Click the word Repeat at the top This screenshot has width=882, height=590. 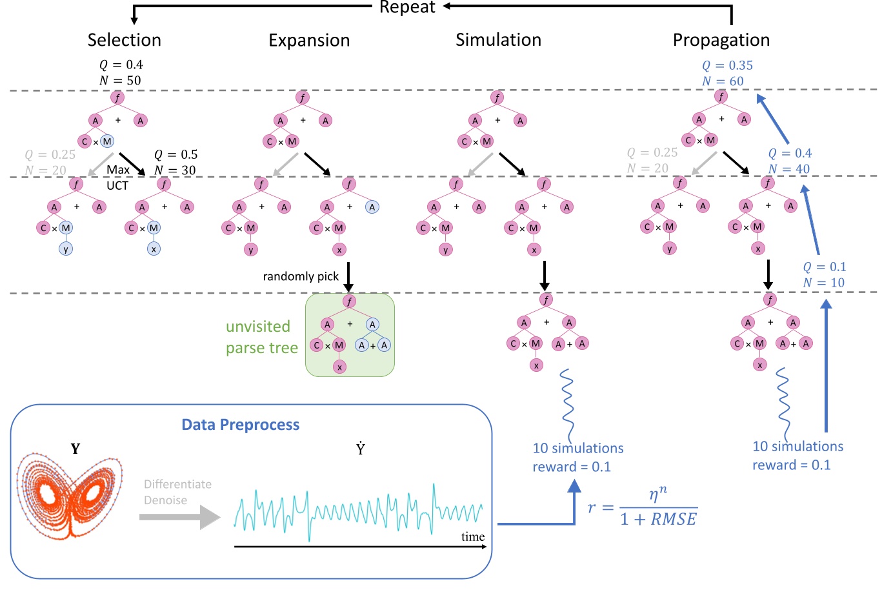tap(407, 8)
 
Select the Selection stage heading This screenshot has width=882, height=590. tap(124, 40)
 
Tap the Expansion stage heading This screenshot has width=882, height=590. tap(309, 41)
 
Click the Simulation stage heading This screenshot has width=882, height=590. tap(498, 40)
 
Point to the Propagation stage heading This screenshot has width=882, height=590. tap(721, 41)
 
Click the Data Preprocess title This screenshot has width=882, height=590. tap(240, 425)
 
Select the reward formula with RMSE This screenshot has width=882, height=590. tap(642, 508)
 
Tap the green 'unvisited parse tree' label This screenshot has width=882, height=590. tap(261, 337)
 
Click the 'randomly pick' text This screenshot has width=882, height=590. tap(301, 276)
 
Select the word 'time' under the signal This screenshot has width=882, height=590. tap(472, 537)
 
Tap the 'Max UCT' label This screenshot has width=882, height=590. tap(117, 178)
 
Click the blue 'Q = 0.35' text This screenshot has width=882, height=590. tap(727, 65)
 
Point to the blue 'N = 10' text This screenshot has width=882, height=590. tap(823, 283)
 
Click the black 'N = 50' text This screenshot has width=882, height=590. tap(120, 81)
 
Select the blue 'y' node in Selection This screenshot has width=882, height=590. tap(65, 249)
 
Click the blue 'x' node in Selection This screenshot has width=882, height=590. tap(153, 249)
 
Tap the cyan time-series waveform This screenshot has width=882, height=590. tap(358, 510)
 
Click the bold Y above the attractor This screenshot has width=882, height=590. tap(75, 449)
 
